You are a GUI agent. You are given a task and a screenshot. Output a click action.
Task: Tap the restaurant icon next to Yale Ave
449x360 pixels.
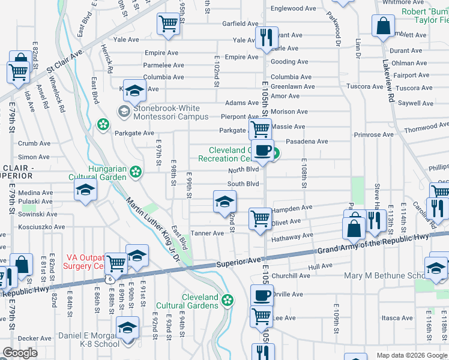coord(264,37)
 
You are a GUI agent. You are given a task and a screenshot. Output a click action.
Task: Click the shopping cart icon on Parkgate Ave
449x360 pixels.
coord(259,129)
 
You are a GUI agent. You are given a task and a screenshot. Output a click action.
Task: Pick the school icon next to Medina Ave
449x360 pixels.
coord(85,192)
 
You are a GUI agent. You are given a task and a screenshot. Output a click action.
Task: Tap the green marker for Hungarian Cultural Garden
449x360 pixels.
coord(136,172)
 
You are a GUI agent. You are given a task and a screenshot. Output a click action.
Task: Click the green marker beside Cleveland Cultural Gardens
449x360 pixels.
coord(227,301)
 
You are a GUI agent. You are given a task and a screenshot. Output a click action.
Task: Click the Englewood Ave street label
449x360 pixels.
coord(293,8)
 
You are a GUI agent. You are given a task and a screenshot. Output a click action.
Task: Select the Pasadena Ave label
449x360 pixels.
coord(307,142)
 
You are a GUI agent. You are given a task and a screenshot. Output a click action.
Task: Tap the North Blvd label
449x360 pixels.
coord(243,170)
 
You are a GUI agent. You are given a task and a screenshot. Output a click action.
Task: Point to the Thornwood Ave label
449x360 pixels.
coord(426,128)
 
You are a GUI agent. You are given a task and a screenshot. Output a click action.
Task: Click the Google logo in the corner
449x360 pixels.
coord(20,353)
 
